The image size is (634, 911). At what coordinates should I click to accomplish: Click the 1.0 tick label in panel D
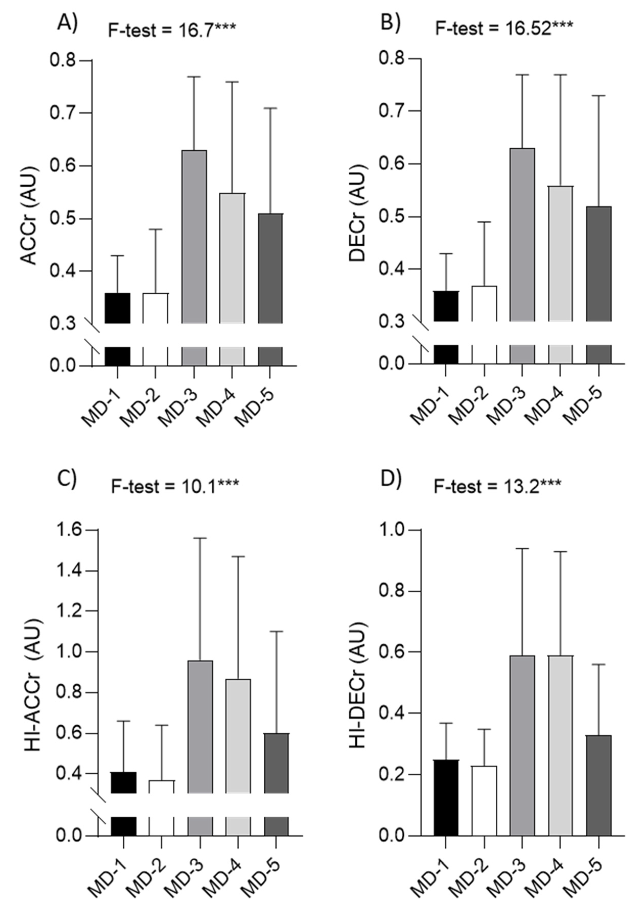391,531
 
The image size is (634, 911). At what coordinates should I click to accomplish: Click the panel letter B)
391,23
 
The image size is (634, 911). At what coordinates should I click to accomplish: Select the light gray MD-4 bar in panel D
560,746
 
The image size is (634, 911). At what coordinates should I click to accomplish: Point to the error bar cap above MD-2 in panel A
155,229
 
